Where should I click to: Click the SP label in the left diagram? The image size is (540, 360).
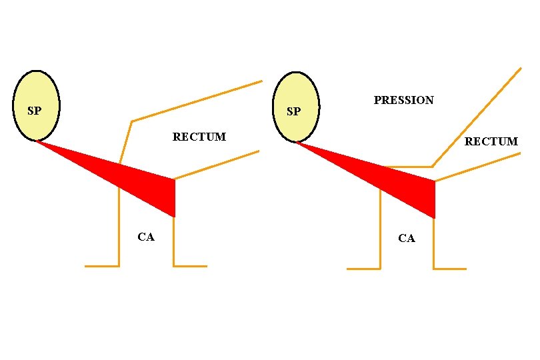[x=33, y=111]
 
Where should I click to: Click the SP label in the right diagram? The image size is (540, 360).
[x=293, y=111]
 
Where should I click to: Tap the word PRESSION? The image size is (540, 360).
[x=403, y=101]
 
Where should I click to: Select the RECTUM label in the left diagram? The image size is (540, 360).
[x=199, y=137]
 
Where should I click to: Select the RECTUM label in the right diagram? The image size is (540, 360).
[x=491, y=141]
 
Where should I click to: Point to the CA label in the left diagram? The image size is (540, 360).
[x=145, y=237]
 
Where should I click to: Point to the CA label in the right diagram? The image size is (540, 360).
[x=406, y=239]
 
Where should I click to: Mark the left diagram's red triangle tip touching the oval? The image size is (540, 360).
[x=37, y=141]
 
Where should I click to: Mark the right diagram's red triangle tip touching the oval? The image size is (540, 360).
[x=297, y=142]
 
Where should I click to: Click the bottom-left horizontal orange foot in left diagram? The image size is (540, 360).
[x=101, y=266]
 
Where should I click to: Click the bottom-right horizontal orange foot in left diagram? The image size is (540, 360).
[x=191, y=266]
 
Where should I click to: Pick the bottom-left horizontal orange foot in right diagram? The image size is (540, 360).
[x=363, y=269]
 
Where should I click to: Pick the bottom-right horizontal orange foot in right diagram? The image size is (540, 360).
[x=450, y=269]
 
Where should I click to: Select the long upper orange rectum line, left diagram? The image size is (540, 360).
[x=197, y=102]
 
